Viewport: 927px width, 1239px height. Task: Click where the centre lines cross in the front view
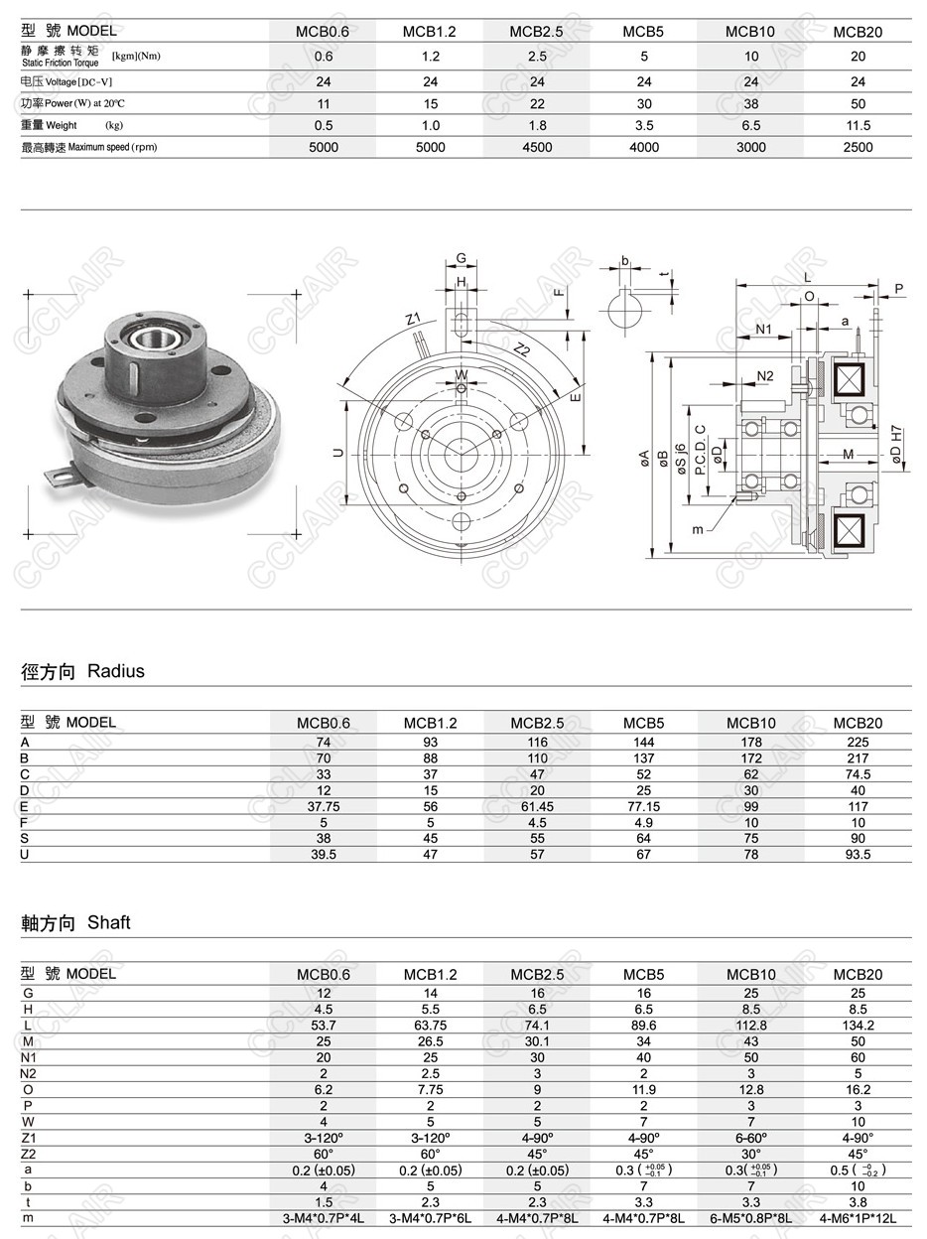[x=461, y=455]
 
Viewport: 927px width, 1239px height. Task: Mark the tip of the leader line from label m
[x=735, y=497]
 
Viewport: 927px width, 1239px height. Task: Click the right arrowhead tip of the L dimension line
[x=878, y=286]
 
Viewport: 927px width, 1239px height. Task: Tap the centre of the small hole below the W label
[x=462, y=388]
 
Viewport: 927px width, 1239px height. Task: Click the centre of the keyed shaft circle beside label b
[x=625, y=309]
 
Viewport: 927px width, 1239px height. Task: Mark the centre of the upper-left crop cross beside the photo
[x=28, y=294]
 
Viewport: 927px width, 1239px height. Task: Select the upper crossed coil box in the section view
[x=849, y=379]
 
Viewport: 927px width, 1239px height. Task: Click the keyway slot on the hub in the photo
[x=133, y=376]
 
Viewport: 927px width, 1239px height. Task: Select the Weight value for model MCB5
[x=644, y=125]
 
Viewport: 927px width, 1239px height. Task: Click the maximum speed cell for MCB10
[x=750, y=147]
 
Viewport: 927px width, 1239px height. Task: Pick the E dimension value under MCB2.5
[x=537, y=806]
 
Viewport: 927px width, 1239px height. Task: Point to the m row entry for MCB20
[x=858, y=1218]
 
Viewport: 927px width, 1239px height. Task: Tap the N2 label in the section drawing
[x=764, y=376]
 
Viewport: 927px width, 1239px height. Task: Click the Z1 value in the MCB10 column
[x=751, y=1138]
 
